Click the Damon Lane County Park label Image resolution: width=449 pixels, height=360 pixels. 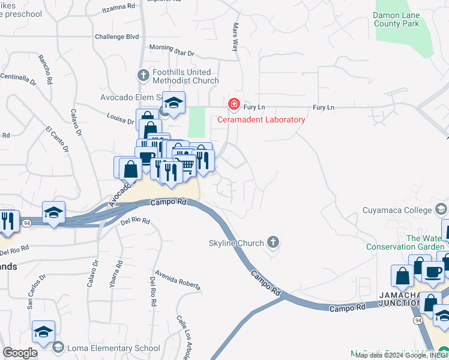tap(404, 19)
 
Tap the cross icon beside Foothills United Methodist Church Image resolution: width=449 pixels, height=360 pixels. tap(143, 76)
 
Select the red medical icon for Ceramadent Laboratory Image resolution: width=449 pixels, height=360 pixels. tap(234, 105)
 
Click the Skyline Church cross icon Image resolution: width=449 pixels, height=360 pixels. tap(273, 242)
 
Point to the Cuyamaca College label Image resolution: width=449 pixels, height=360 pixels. tap(397, 210)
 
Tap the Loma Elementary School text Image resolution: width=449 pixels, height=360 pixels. tap(113, 348)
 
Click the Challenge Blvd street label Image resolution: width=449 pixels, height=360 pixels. tap(116, 37)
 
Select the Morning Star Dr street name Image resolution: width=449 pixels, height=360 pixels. tap(172, 50)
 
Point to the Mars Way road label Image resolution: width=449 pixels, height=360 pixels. tap(235, 37)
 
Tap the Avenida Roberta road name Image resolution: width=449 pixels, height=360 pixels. tap(176, 280)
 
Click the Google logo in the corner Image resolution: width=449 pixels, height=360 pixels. tap(20, 353)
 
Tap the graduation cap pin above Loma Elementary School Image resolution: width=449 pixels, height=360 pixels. tap(44, 332)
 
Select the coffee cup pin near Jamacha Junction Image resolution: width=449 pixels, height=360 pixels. tap(433, 271)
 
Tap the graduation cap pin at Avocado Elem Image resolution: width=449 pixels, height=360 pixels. tap(173, 103)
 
